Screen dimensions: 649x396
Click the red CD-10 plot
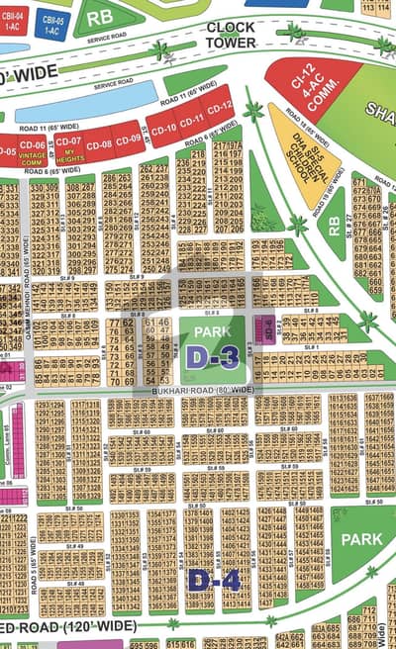[164, 129]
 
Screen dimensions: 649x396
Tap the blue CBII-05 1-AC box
[49, 22]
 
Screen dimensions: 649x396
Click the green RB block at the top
[97, 17]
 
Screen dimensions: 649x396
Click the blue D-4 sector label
[215, 580]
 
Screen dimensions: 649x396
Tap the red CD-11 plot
[192, 119]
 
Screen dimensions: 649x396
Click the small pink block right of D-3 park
[263, 330]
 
